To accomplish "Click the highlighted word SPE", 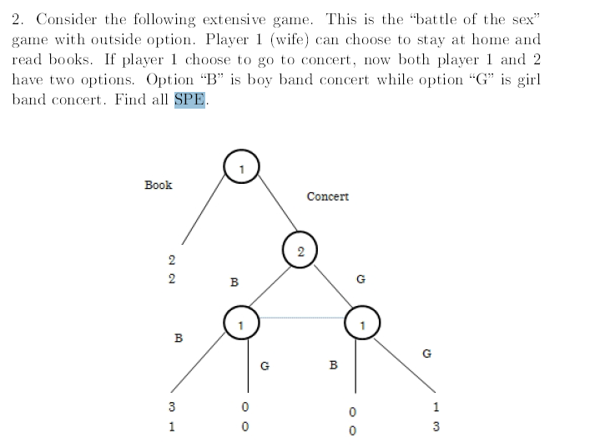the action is [189, 99].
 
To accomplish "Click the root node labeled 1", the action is [241, 169].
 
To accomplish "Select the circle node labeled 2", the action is [300, 251].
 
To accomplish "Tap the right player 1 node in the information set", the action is [363, 323].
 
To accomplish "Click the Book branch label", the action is [159, 185].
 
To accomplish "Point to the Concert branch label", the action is [327, 196].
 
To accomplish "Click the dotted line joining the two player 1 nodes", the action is [302, 318].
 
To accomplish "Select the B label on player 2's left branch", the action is [234, 283].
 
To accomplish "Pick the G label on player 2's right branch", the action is [360, 279].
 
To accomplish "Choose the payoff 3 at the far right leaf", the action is [436, 427].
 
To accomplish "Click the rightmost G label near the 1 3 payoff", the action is [426, 353].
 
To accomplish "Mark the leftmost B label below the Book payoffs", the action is [177, 339].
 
